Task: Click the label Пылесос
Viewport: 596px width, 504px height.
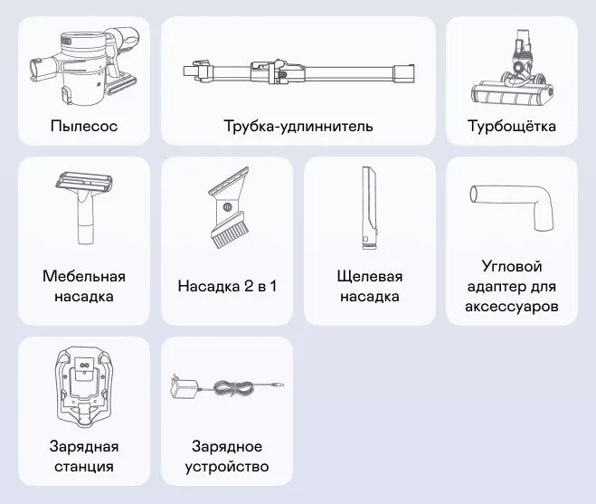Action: (x=84, y=126)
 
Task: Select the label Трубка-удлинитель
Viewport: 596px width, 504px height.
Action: (x=298, y=126)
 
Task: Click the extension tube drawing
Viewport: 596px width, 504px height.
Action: (x=298, y=71)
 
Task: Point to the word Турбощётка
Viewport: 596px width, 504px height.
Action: (x=512, y=126)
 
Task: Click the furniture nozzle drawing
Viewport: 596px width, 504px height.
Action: (x=84, y=208)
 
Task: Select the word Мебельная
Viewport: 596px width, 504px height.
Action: (x=84, y=276)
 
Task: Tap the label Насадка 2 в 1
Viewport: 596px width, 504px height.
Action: (x=227, y=287)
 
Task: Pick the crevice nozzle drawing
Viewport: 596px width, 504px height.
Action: (x=369, y=208)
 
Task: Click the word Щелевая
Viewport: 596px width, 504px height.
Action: (x=370, y=277)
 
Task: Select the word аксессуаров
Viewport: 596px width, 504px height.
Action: (x=512, y=307)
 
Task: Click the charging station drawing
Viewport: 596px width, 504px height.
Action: (x=84, y=388)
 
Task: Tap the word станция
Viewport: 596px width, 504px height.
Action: (x=84, y=466)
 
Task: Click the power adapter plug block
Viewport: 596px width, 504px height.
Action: (x=184, y=388)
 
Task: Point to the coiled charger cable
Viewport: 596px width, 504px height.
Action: (x=234, y=388)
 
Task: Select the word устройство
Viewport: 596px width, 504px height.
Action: (x=227, y=467)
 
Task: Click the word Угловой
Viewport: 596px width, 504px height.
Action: (x=512, y=266)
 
